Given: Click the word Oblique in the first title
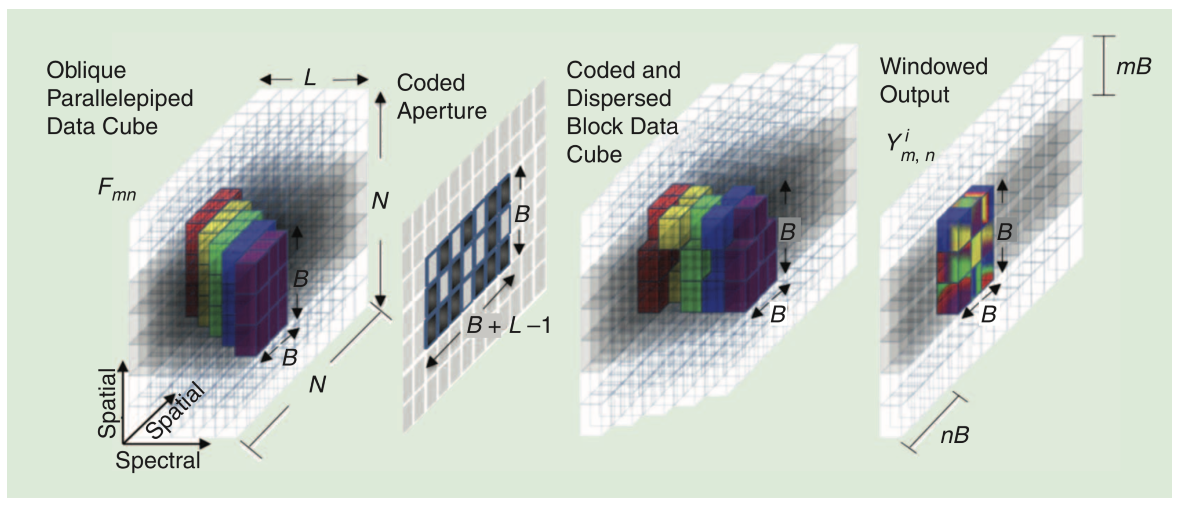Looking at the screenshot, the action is [x=86, y=70].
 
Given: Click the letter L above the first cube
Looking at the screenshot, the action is [x=310, y=78].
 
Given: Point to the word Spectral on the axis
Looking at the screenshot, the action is [x=157, y=460].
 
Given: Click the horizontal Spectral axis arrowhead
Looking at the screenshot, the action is [x=205, y=443].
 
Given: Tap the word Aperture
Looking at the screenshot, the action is [x=442, y=111].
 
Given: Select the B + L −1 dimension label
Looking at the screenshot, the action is [x=508, y=325].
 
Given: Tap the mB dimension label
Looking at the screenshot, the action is [x=1133, y=67].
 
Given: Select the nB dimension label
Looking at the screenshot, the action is [x=955, y=435].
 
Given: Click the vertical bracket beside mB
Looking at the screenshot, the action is [x=1102, y=66].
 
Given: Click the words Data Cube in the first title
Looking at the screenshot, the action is [x=102, y=126].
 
